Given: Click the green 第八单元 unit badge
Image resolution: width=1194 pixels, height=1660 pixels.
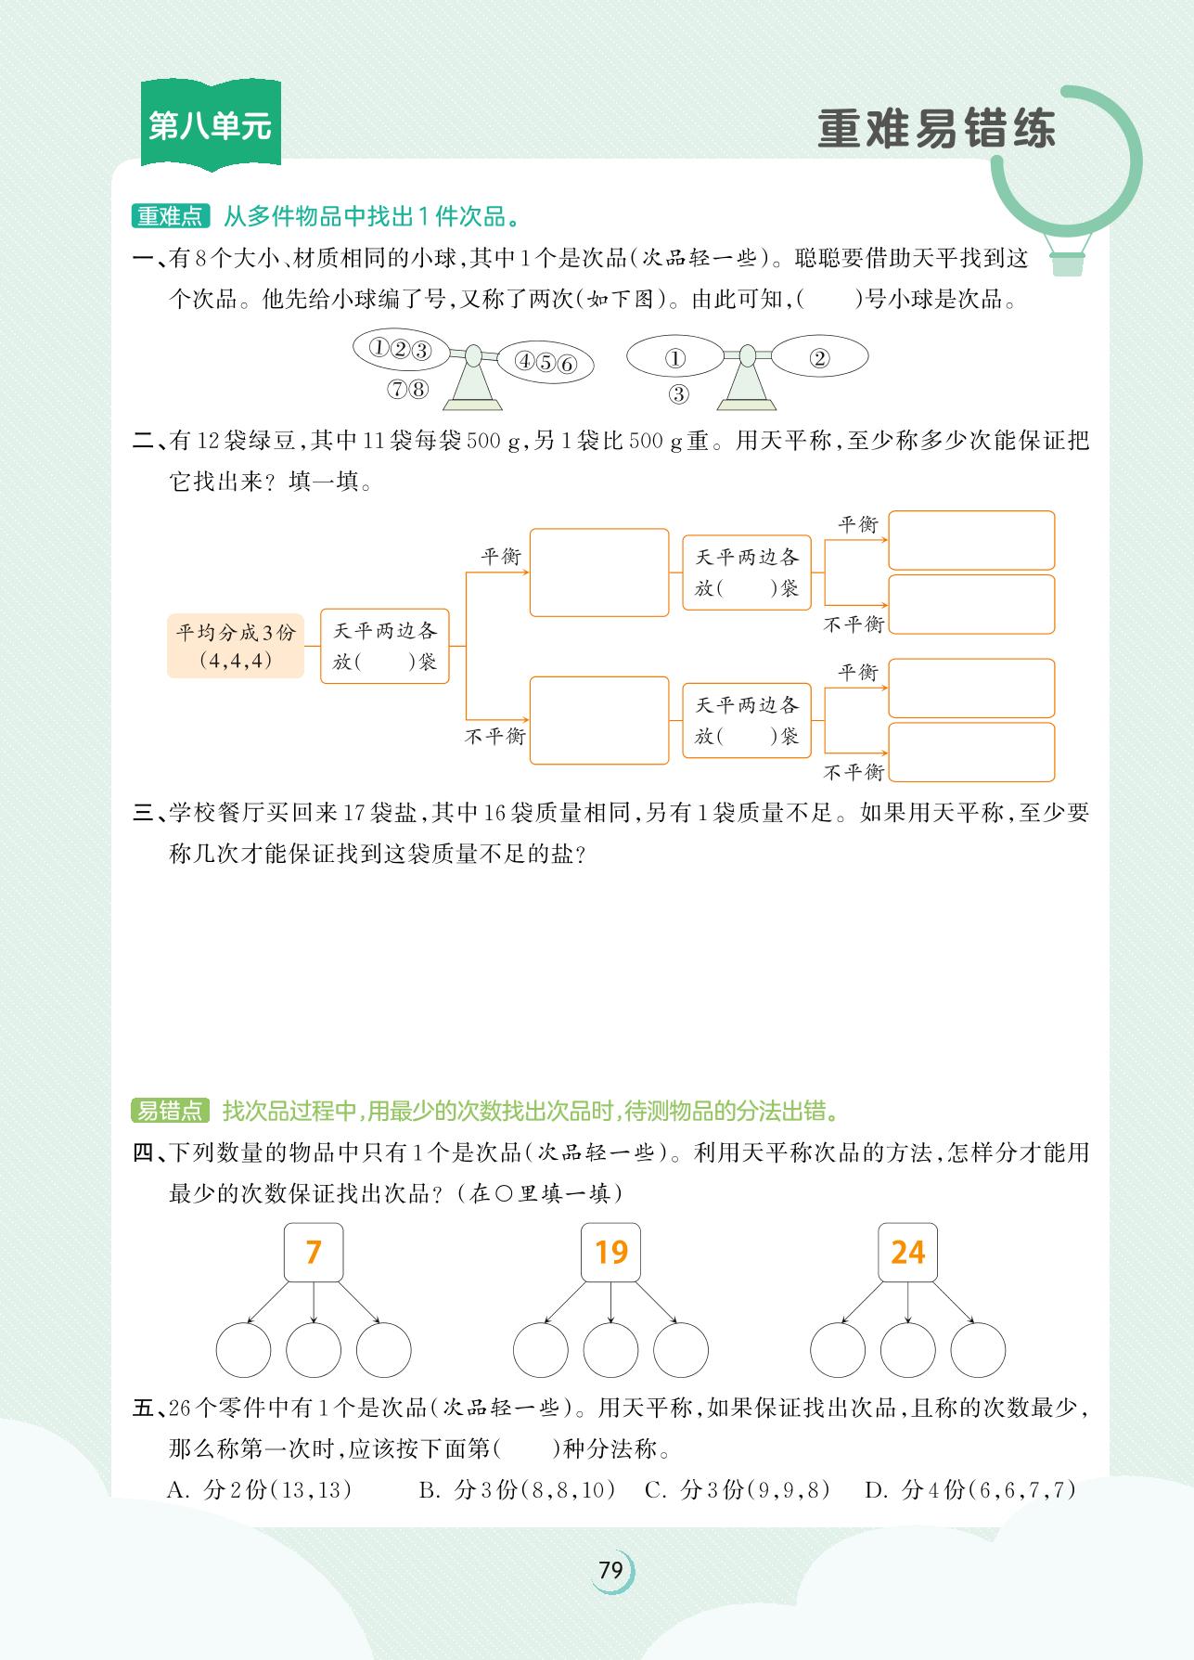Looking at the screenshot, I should (x=211, y=125).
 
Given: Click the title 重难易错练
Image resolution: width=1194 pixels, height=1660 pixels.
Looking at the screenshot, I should (x=936, y=129).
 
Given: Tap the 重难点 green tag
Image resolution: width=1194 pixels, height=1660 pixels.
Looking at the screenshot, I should (x=170, y=217).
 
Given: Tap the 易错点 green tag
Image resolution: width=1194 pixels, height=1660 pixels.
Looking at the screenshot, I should (x=170, y=1111).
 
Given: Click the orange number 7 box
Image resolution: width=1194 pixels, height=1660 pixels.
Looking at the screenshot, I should (x=314, y=1253).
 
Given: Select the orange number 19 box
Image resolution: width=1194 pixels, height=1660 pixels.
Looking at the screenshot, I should (x=610, y=1253).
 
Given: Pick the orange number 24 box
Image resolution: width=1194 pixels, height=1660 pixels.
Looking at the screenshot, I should (x=907, y=1253).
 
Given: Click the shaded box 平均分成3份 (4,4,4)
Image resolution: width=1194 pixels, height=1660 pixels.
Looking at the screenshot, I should (x=236, y=646).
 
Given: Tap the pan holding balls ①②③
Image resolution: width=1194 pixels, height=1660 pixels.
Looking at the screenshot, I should (x=400, y=350).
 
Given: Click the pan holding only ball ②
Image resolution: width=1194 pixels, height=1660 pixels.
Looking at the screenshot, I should (x=819, y=358).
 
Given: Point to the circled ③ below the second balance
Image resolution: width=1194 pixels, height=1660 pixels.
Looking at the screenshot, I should (x=678, y=394).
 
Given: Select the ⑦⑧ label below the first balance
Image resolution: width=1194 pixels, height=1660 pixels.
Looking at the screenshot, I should (x=408, y=390).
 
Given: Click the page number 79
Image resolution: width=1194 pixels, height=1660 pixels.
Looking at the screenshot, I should (x=610, y=1570).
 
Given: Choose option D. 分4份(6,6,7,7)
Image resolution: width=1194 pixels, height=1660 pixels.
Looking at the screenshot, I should (x=970, y=1490).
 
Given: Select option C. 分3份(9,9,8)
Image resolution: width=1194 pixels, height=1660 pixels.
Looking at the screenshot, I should (x=737, y=1490).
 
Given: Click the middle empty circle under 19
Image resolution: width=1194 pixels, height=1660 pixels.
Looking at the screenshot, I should (x=610, y=1350).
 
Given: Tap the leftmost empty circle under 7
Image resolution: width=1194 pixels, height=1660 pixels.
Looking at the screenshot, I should (x=243, y=1350).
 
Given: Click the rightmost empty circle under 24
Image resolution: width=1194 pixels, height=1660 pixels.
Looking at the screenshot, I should (x=978, y=1350).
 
